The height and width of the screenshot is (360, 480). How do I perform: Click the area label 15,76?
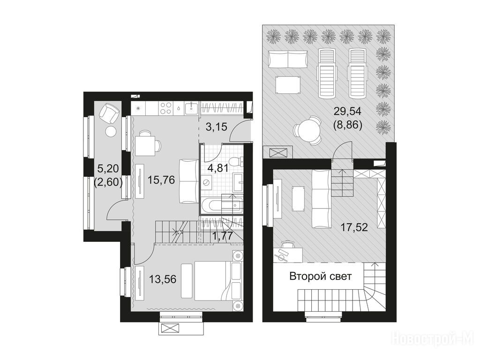(161, 180)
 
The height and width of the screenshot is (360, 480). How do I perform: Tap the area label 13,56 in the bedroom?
(163, 279)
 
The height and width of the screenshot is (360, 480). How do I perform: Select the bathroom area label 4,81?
(217, 168)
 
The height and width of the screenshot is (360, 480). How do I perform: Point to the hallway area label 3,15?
(217, 127)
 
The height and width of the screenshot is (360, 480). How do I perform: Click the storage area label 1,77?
(223, 236)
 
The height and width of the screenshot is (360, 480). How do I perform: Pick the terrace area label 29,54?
(347, 111)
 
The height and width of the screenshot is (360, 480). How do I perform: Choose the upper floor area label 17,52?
(354, 227)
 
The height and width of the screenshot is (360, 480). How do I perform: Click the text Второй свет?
(321, 277)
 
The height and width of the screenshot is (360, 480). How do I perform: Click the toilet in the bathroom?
(236, 161)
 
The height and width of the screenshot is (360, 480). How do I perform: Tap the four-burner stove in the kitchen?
(166, 108)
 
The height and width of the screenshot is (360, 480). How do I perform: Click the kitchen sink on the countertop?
(192, 107)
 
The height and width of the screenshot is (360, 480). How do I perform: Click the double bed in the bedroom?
(211, 280)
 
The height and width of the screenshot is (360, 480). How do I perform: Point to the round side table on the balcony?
(111, 132)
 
